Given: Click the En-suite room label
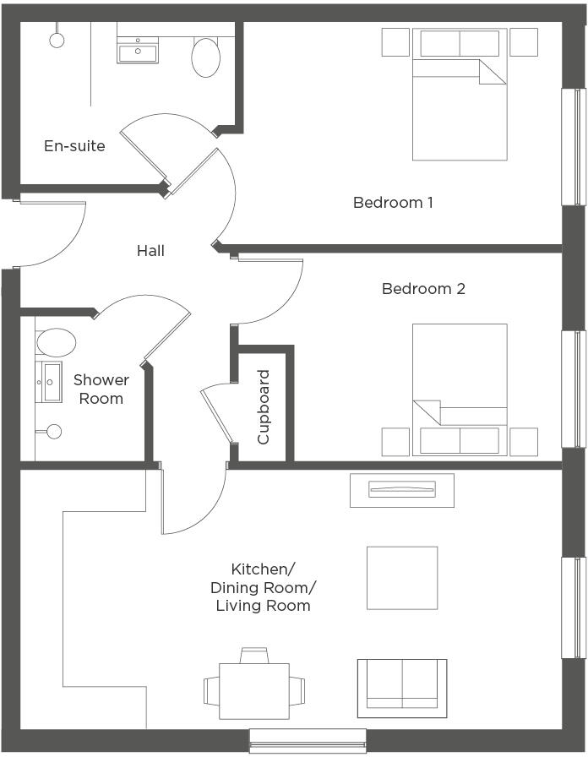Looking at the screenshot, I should [74, 146].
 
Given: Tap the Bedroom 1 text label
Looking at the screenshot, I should [393, 203].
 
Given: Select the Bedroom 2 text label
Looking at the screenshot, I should [423, 289].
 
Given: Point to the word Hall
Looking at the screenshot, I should [150, 251].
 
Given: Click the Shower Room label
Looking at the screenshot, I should [101, 389].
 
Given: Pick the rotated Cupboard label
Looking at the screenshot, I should [264, 407].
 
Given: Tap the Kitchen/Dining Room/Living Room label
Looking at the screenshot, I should [263, 586].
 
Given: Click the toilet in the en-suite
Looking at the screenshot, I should [206, 56].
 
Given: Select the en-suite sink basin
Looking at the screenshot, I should [137, 52].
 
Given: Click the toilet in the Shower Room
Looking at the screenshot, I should [56, 342].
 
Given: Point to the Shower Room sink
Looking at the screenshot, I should [50, 382].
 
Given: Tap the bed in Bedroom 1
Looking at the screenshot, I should [460, 95].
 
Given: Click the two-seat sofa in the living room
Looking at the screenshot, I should [402, 683].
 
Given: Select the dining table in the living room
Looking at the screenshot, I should [253, 690].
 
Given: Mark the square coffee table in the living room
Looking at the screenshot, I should [402, 578].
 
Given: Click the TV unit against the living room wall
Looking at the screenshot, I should [402, 490].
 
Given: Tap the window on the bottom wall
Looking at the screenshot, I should [308, 740].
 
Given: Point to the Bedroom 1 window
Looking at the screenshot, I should [574, 146].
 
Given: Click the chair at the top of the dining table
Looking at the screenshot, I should [253, 655].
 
